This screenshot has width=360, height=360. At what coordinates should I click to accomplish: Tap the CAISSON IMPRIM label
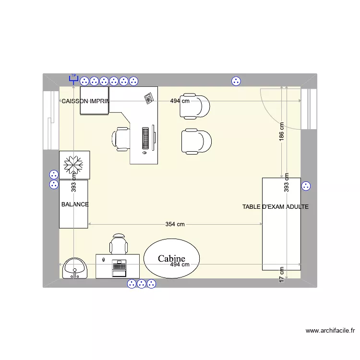pyautogui.click(x=85, y=101)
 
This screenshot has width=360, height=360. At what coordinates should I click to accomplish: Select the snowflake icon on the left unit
pyautogui.click(x=74, y=165)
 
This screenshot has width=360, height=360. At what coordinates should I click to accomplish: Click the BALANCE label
pyautogui.click(x=75, y=204)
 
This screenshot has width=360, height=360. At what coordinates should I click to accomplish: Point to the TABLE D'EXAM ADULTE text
pyautogui.click(x=275, y=207)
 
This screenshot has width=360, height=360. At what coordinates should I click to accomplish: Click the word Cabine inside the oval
pyautogui.click(x=171, y=259)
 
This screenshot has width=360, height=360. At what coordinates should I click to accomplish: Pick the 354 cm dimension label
pyautogui.click(x=175, y=224)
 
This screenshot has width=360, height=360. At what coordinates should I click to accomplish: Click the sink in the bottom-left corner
pyautogui.click(x=74, y=269)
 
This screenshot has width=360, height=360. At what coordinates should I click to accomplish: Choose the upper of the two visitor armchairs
pyautogui.click(x=195, y=106)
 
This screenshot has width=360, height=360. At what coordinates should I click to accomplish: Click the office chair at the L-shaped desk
pyautogui.click(x=120, y=138)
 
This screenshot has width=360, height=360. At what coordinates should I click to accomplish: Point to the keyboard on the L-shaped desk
pyautogui.click(x=145, y=137)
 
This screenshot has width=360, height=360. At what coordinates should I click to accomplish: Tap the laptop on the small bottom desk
pyautogui.click(x=119, y=267)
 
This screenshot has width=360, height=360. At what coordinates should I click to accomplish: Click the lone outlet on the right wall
pyautogui.click(x=306, y=186)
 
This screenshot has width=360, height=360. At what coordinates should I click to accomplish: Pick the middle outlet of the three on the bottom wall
pyautogui.click(x=142, y=284)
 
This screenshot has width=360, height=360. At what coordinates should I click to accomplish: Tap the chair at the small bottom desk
pyautogui.click(x=119, y=244)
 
